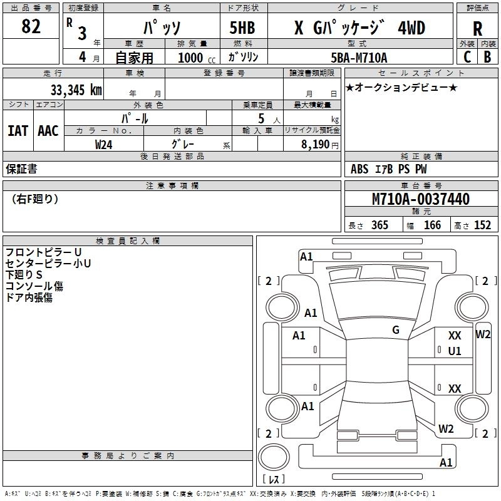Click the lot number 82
[x=31, y=26]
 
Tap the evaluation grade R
[x=477, y=29]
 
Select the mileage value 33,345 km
[x=76, y=90]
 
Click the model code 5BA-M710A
[x=359, y=58]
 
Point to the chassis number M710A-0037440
[x=421, y=199]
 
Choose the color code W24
[x=103, y=145]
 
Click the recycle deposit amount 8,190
[x=316, y=144]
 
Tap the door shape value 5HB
[x=242, y=28]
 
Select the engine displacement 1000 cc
[x=197, y=58]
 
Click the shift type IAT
[x=18, y=131]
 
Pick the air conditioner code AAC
[x=48, y=131]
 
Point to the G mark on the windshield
[x=396, y=330]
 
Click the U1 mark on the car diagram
[x=455, y=351]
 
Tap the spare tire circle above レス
[x=274, y=457]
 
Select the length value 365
[x=380, y=225]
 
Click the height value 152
[x=482, y=225]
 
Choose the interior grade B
[x=487, y=57]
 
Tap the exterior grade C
[x=467, y=57]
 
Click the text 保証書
[x=21, y=168]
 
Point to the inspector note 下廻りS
[x=24, y=274]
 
